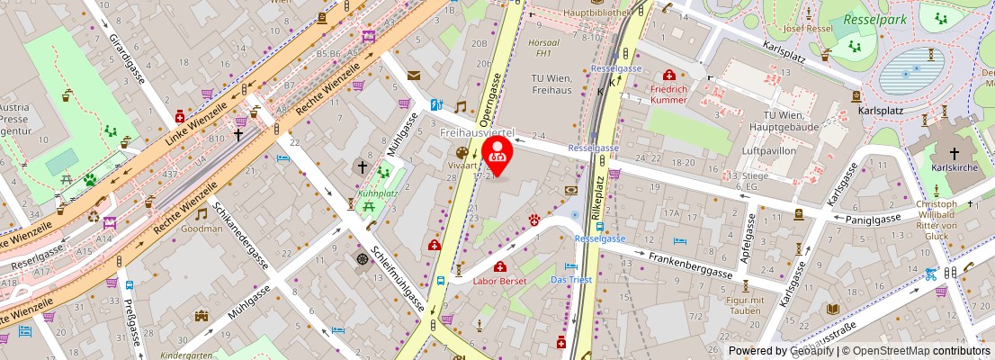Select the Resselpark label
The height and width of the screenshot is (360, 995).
coord(873,19)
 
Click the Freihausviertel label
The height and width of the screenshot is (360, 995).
coord(476,132)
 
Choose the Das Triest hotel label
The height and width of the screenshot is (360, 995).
coord(572,280)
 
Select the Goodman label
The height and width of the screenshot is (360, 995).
coord(202,229)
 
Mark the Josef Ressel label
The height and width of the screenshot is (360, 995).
coord(807,28)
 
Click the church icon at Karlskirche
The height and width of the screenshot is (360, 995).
coord(954,154)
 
